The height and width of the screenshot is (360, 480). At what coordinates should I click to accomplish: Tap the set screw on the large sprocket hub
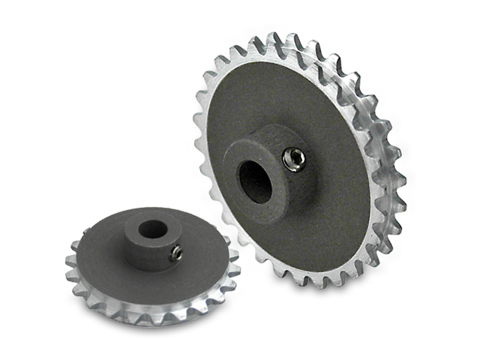point(293,159)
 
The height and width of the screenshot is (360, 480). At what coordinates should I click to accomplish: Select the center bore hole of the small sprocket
point(153,229)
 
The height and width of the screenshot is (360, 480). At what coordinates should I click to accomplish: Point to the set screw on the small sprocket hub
point(175,254)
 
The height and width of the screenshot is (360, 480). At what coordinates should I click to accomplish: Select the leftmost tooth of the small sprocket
point(69,259)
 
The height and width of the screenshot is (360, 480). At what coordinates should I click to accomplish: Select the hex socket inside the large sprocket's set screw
point(293,159)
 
